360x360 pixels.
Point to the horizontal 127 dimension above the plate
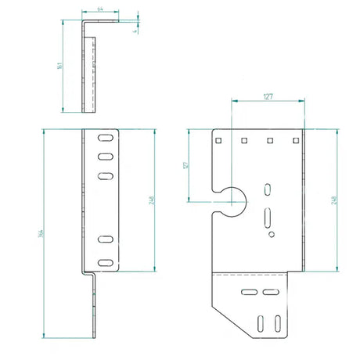[x=268, y=98]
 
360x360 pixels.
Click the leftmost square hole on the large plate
[x=220, y=141]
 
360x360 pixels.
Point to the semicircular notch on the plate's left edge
[x=232, y=200]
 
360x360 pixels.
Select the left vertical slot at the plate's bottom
[x=259, y=322]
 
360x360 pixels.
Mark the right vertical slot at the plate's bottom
[x=278, y=322]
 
